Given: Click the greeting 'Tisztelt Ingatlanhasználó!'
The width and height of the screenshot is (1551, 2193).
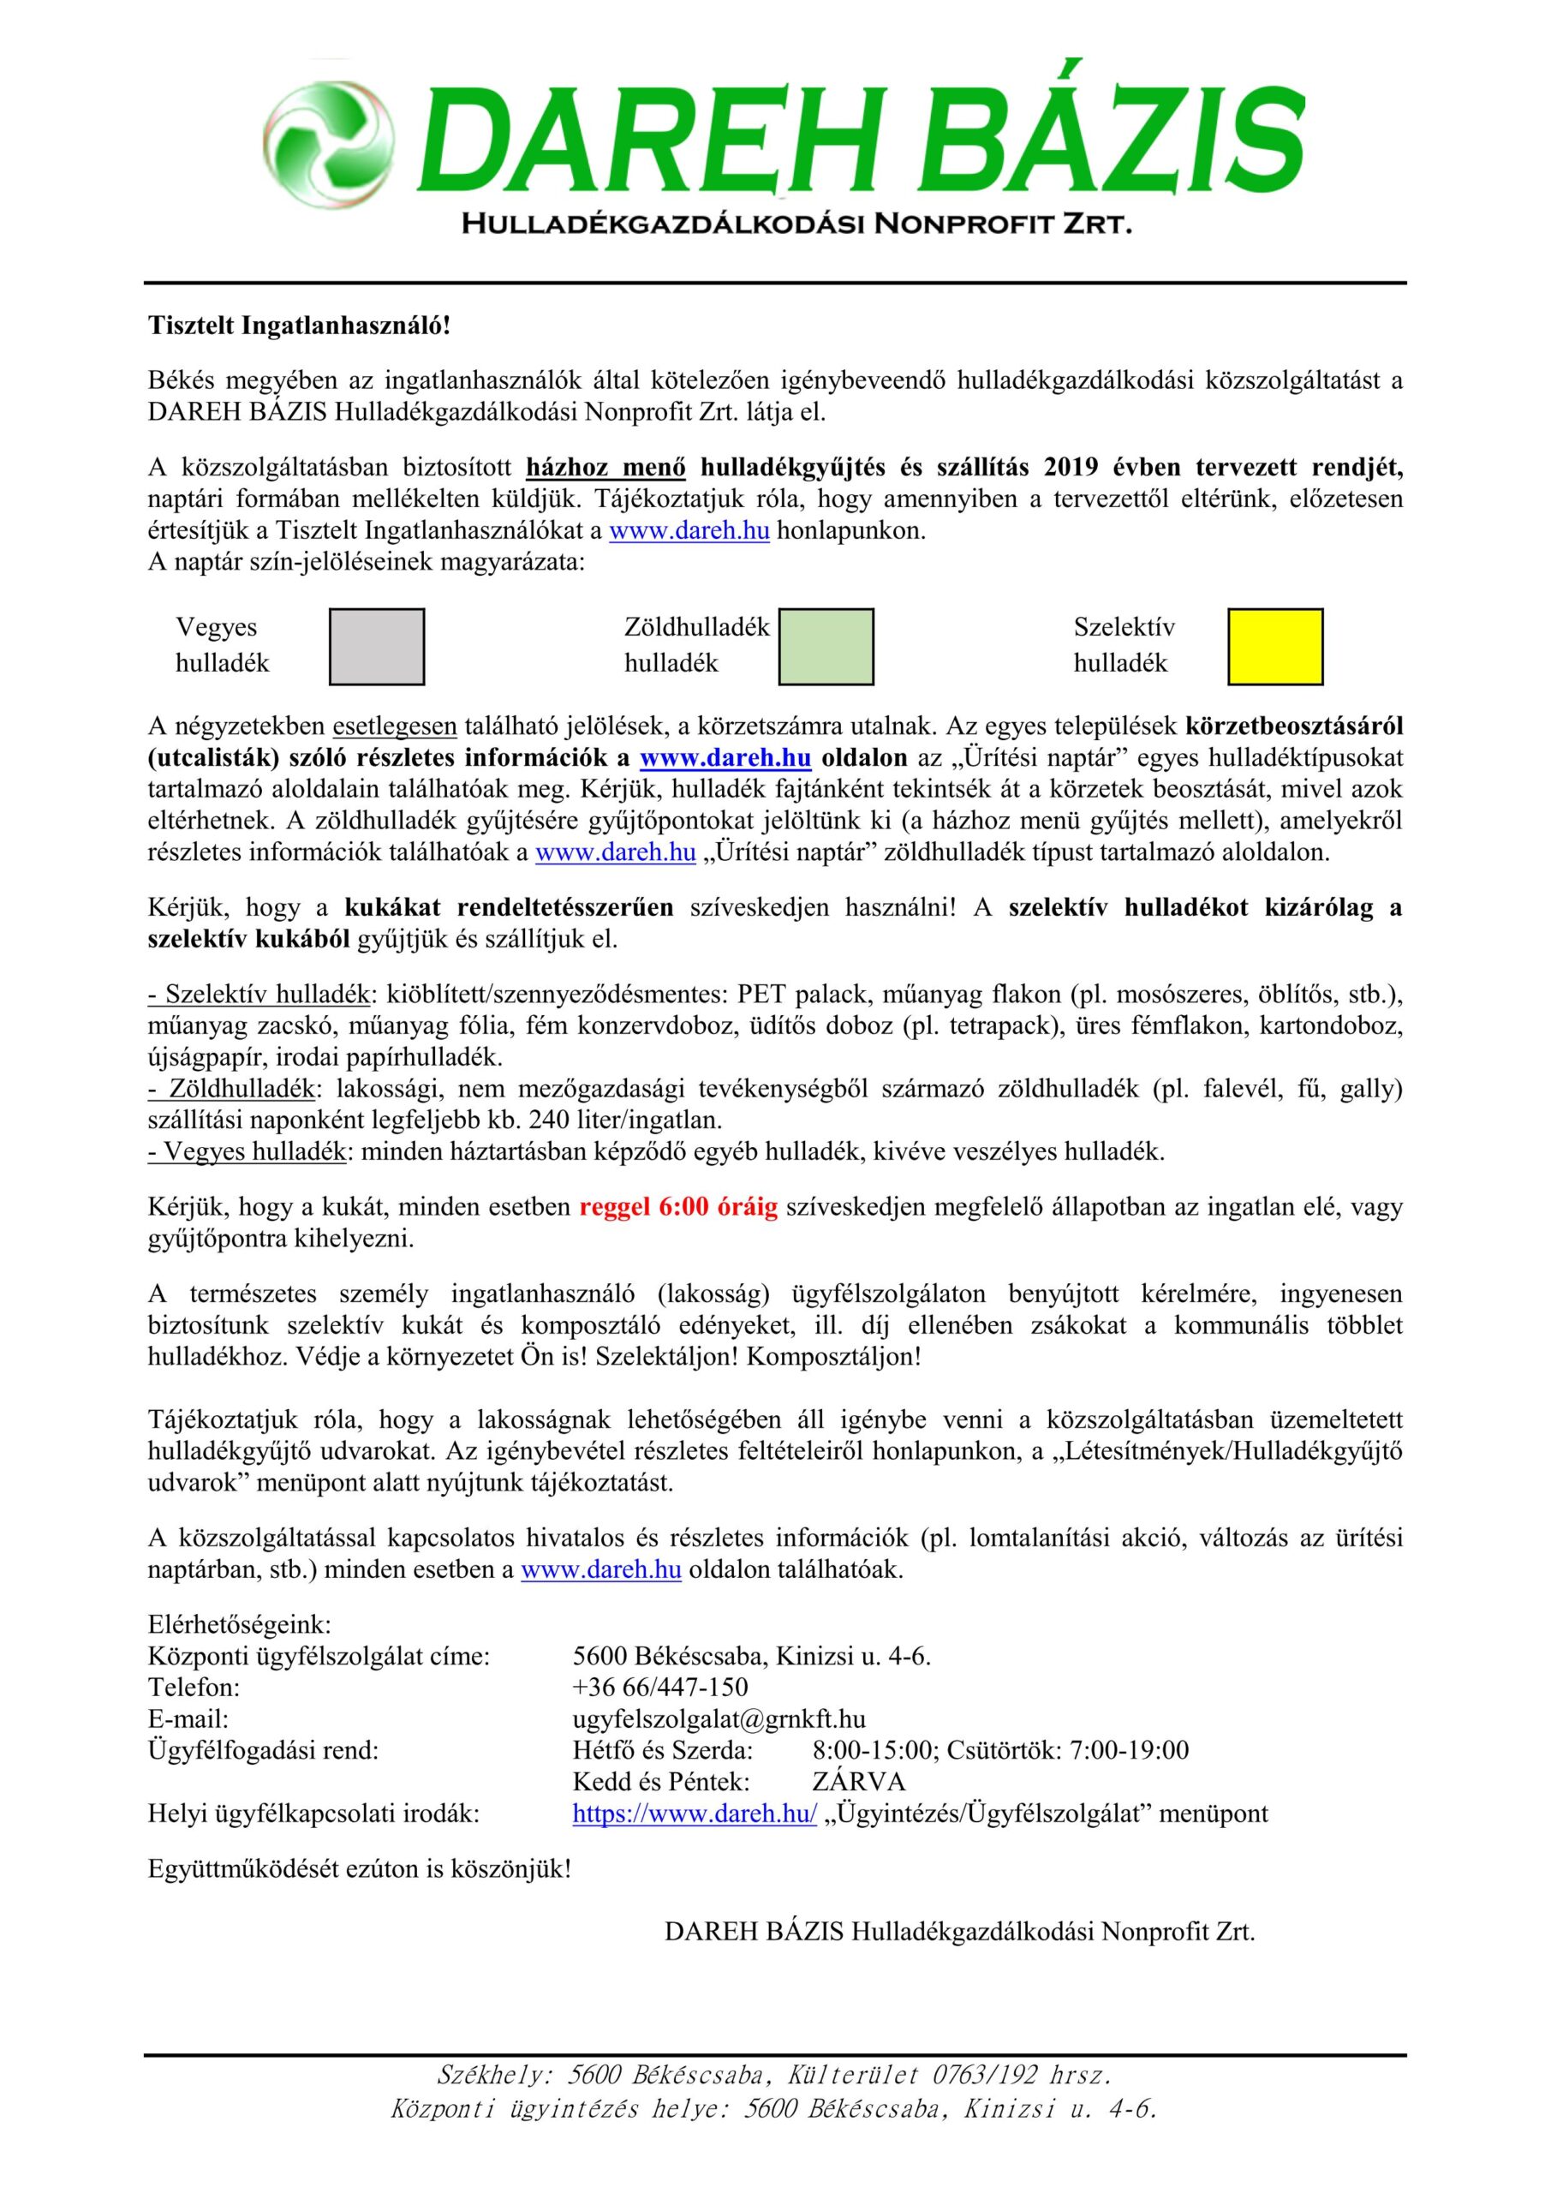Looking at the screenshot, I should [298, 326].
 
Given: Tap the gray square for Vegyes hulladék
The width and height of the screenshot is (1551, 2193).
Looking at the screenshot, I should [376, 647].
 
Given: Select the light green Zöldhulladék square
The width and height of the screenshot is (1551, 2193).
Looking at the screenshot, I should [826, 647].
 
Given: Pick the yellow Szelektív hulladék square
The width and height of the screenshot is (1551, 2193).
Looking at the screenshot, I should [1275, 647].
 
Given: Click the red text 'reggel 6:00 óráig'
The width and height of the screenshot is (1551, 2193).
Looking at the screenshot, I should [678, 1207].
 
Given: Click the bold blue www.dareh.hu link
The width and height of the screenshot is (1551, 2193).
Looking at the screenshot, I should [725, 758].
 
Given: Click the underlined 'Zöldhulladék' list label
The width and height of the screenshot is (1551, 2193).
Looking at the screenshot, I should [247, 1090].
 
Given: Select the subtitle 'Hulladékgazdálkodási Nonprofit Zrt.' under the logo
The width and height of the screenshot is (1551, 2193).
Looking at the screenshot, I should [796, 225].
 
